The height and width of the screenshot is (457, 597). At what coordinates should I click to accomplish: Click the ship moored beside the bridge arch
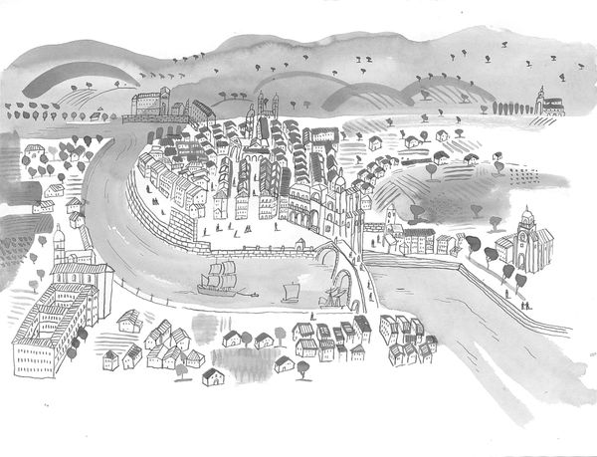pyautogui.click(x=331, y=296)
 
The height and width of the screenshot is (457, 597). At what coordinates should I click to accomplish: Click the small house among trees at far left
pyautogui.click(x=35, y=154)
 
